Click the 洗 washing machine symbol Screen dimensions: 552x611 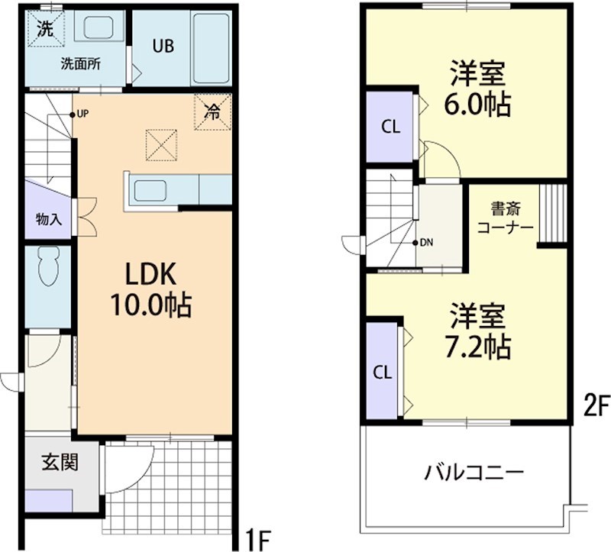coord(46,31)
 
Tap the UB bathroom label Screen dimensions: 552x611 coord(162,46)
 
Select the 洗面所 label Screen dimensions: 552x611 coord(81,64)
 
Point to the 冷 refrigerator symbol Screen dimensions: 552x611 coord(212,111)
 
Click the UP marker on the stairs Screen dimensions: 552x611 coord(80,115)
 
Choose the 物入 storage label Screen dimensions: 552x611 coord(48,219)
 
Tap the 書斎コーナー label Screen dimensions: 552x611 coord(504,218)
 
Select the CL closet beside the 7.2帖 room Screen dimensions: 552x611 coord(383,372)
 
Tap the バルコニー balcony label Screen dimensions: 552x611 coord(474,472)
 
